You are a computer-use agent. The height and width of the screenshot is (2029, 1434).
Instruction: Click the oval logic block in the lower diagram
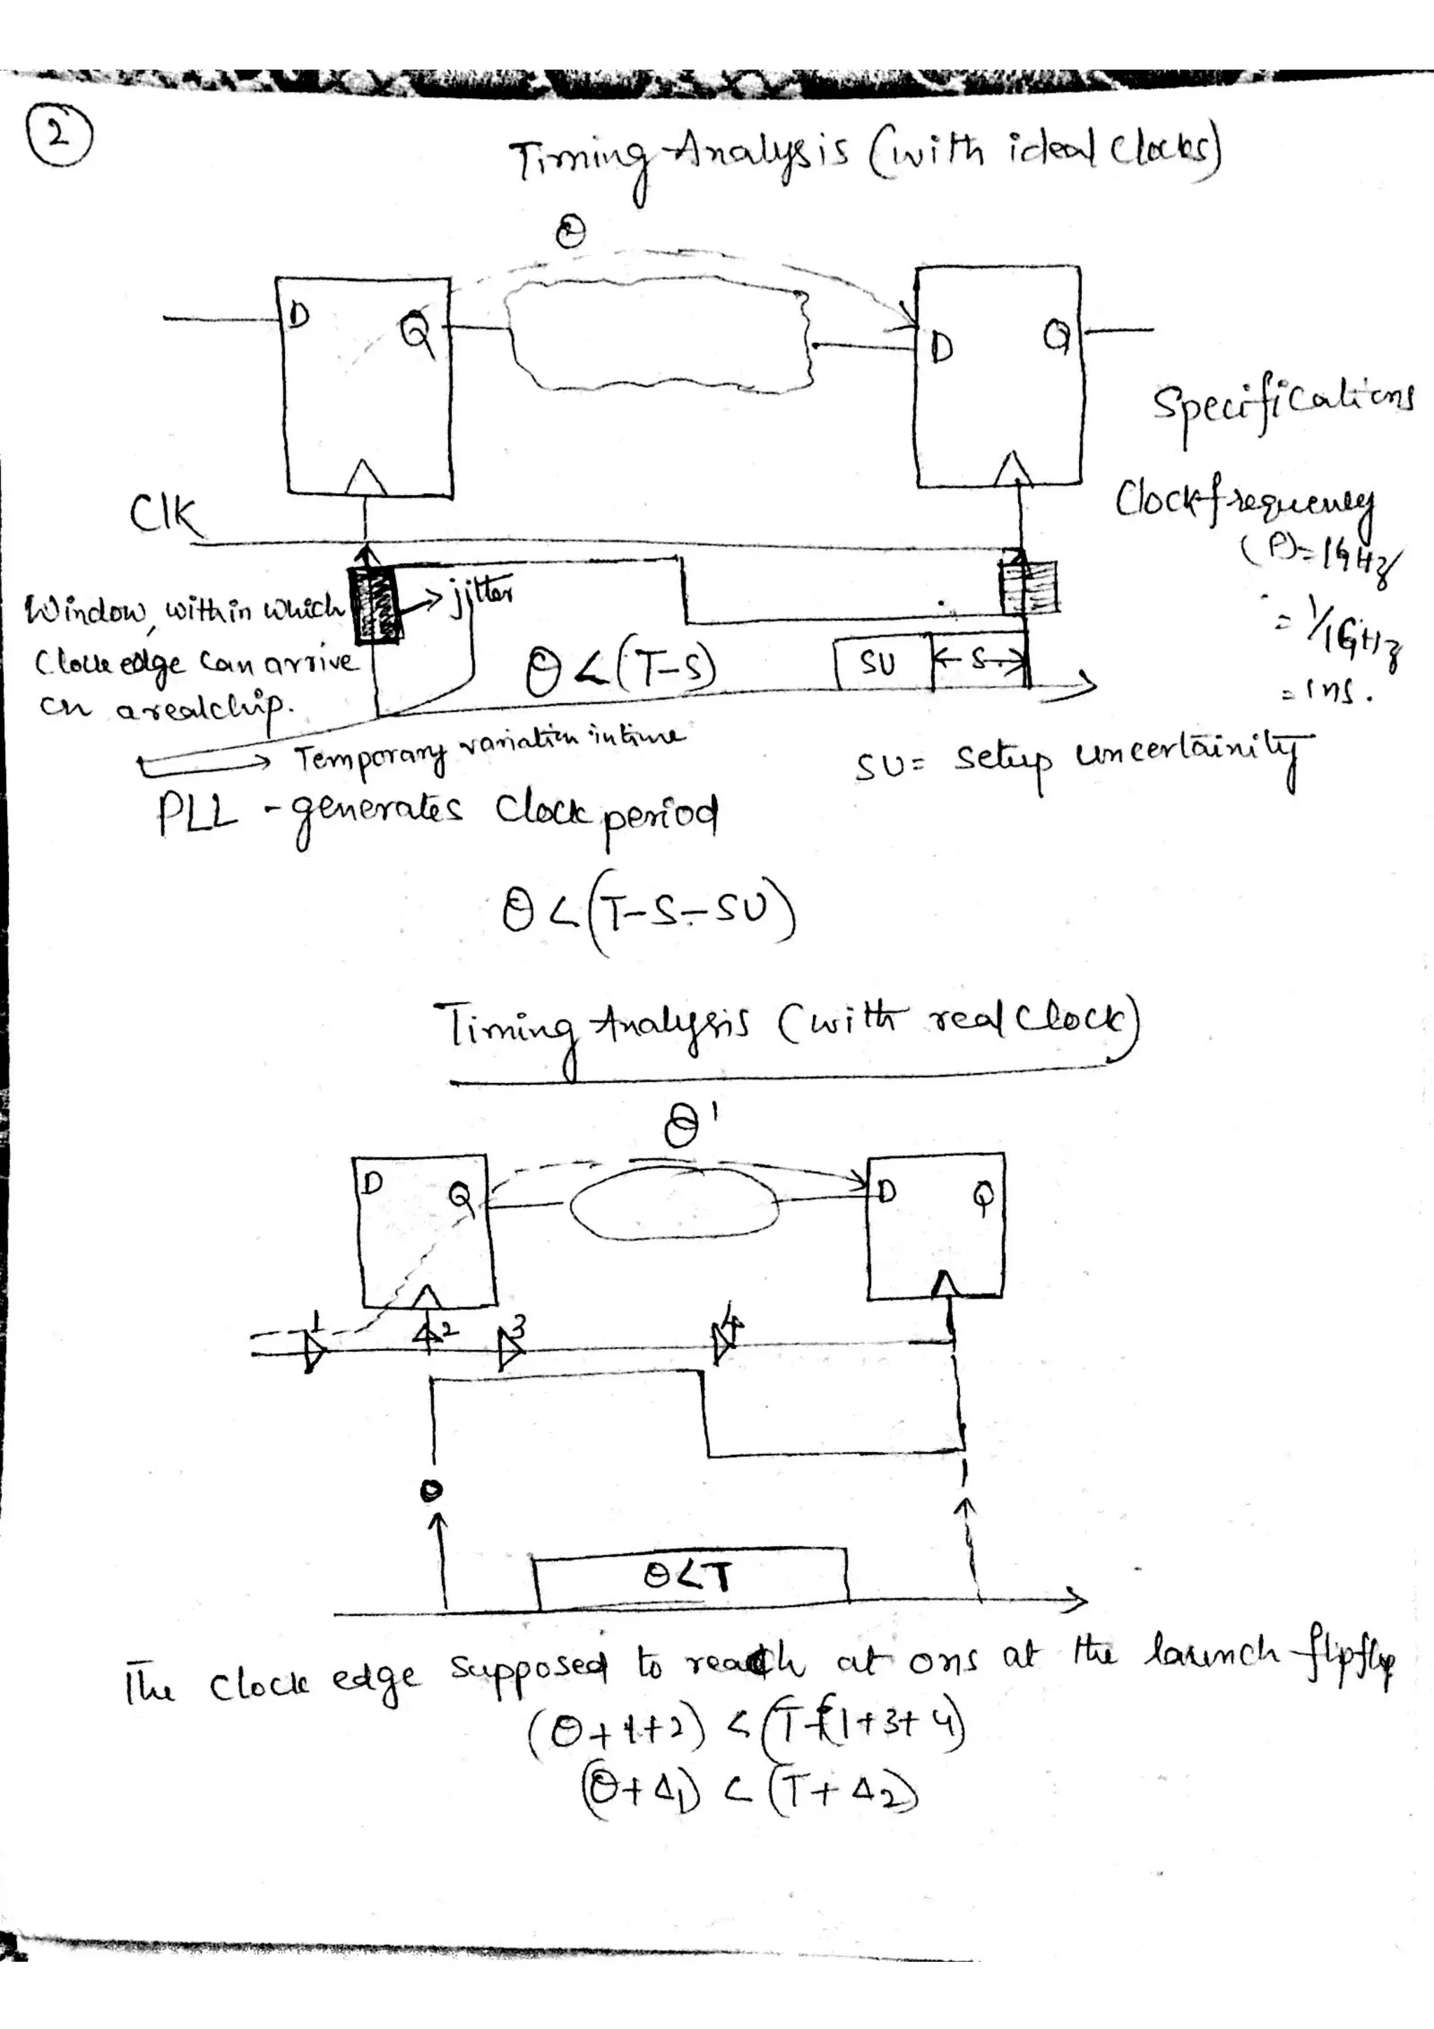click(x=674, y=1206)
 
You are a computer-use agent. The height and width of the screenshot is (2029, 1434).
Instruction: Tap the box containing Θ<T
click(x=689, y=1577)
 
